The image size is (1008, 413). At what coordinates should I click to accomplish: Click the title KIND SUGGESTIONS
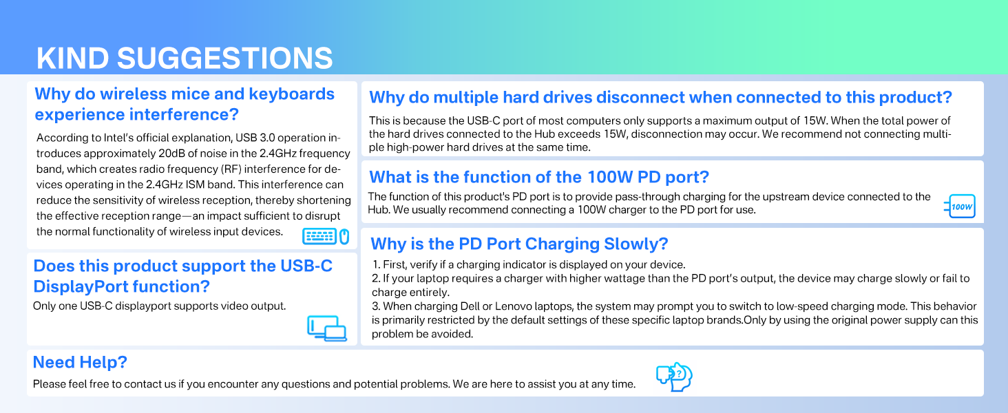pyautogui.click(x=185, y=58)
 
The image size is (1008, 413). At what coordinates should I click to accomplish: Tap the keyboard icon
pyautogui.click(x=319, y=236)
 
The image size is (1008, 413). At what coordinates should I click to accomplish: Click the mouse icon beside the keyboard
pyautogui.click(x=344, y=236)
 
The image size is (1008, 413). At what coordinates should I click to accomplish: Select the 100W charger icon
pyautogui.click(x=960, y=206)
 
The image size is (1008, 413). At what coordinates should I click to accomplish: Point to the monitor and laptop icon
pyautogui.click(x=327, y=328)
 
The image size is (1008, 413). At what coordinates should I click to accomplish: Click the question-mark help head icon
pyautogui.click(x=674, y=377)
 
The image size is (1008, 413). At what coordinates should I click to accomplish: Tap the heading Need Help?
pyautogui.click(x=80, y=362)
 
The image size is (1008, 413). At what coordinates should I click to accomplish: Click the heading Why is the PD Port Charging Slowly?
pyautogui.click(x=519, y=244)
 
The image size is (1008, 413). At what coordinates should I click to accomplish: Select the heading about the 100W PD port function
pyautogui.click(x=539, y=177)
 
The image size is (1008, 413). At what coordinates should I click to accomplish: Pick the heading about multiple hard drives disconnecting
pyautogui.click(x=660, y=97)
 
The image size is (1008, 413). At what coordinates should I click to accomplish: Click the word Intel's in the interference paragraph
pyautogui.click(x=119, y=138)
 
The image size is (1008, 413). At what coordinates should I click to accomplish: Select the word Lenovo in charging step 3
pyautogui.click(x=512, y=306)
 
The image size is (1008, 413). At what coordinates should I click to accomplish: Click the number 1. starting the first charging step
pyautogui.click(x=376, y=264)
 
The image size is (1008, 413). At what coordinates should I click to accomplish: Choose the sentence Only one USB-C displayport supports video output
pyautogui.click(x=159, y=306)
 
